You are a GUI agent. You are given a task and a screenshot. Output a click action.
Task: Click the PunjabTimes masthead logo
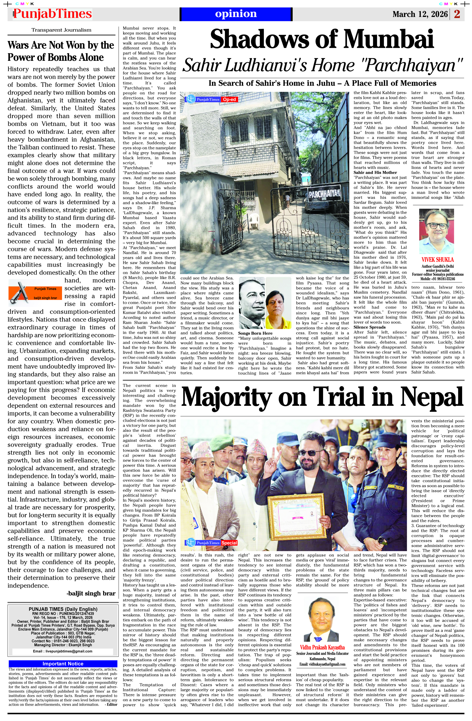pyautogui.click(x=52, y=14)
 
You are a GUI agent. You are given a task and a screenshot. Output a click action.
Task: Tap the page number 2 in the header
pyautogui.click(x=457, y=14)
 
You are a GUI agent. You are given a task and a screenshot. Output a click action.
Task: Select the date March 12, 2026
pyautogui.click(x=420, y=14)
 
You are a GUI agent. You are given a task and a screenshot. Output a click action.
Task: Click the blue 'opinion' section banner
pyautogui.click(x=236, y=14)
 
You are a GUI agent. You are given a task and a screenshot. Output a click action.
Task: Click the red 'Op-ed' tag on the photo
pyautogui.click(x=230, y=99)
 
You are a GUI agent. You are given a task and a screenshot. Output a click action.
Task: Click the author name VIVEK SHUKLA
pyautogui.click(x=437, y=260)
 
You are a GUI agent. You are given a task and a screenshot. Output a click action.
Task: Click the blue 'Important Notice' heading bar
pyautogui.click(x=63, y=663)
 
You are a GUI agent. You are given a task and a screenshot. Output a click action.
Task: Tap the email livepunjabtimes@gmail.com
pyautogui.click(x=63, y=651)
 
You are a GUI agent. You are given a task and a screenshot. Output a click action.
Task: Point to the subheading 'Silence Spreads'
pyautogui.click(x=370, y=327)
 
